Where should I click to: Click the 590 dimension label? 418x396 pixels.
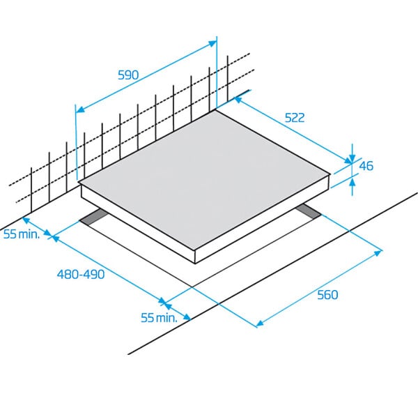click(128, 75)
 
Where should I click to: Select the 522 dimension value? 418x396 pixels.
click(295, 118)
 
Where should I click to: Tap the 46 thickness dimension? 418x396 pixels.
click(366, 166)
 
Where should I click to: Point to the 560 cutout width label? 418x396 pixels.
click(327, 295)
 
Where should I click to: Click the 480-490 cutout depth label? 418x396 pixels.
click(81, 274)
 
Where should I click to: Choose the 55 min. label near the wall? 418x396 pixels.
click(22, 234)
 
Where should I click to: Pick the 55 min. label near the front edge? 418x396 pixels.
click(159, 317)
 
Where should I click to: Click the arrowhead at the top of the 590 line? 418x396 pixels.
click(212, 44)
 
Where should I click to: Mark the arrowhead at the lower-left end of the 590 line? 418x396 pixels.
click(80, 109)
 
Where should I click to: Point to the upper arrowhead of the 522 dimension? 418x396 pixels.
click(238, 100)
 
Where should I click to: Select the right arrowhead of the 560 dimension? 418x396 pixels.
click(378, 252)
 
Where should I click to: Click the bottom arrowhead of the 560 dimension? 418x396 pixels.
click(260, 323)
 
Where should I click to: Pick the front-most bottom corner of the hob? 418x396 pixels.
click(196, 264)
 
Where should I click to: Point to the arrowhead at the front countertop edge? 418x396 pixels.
click(187, 317)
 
